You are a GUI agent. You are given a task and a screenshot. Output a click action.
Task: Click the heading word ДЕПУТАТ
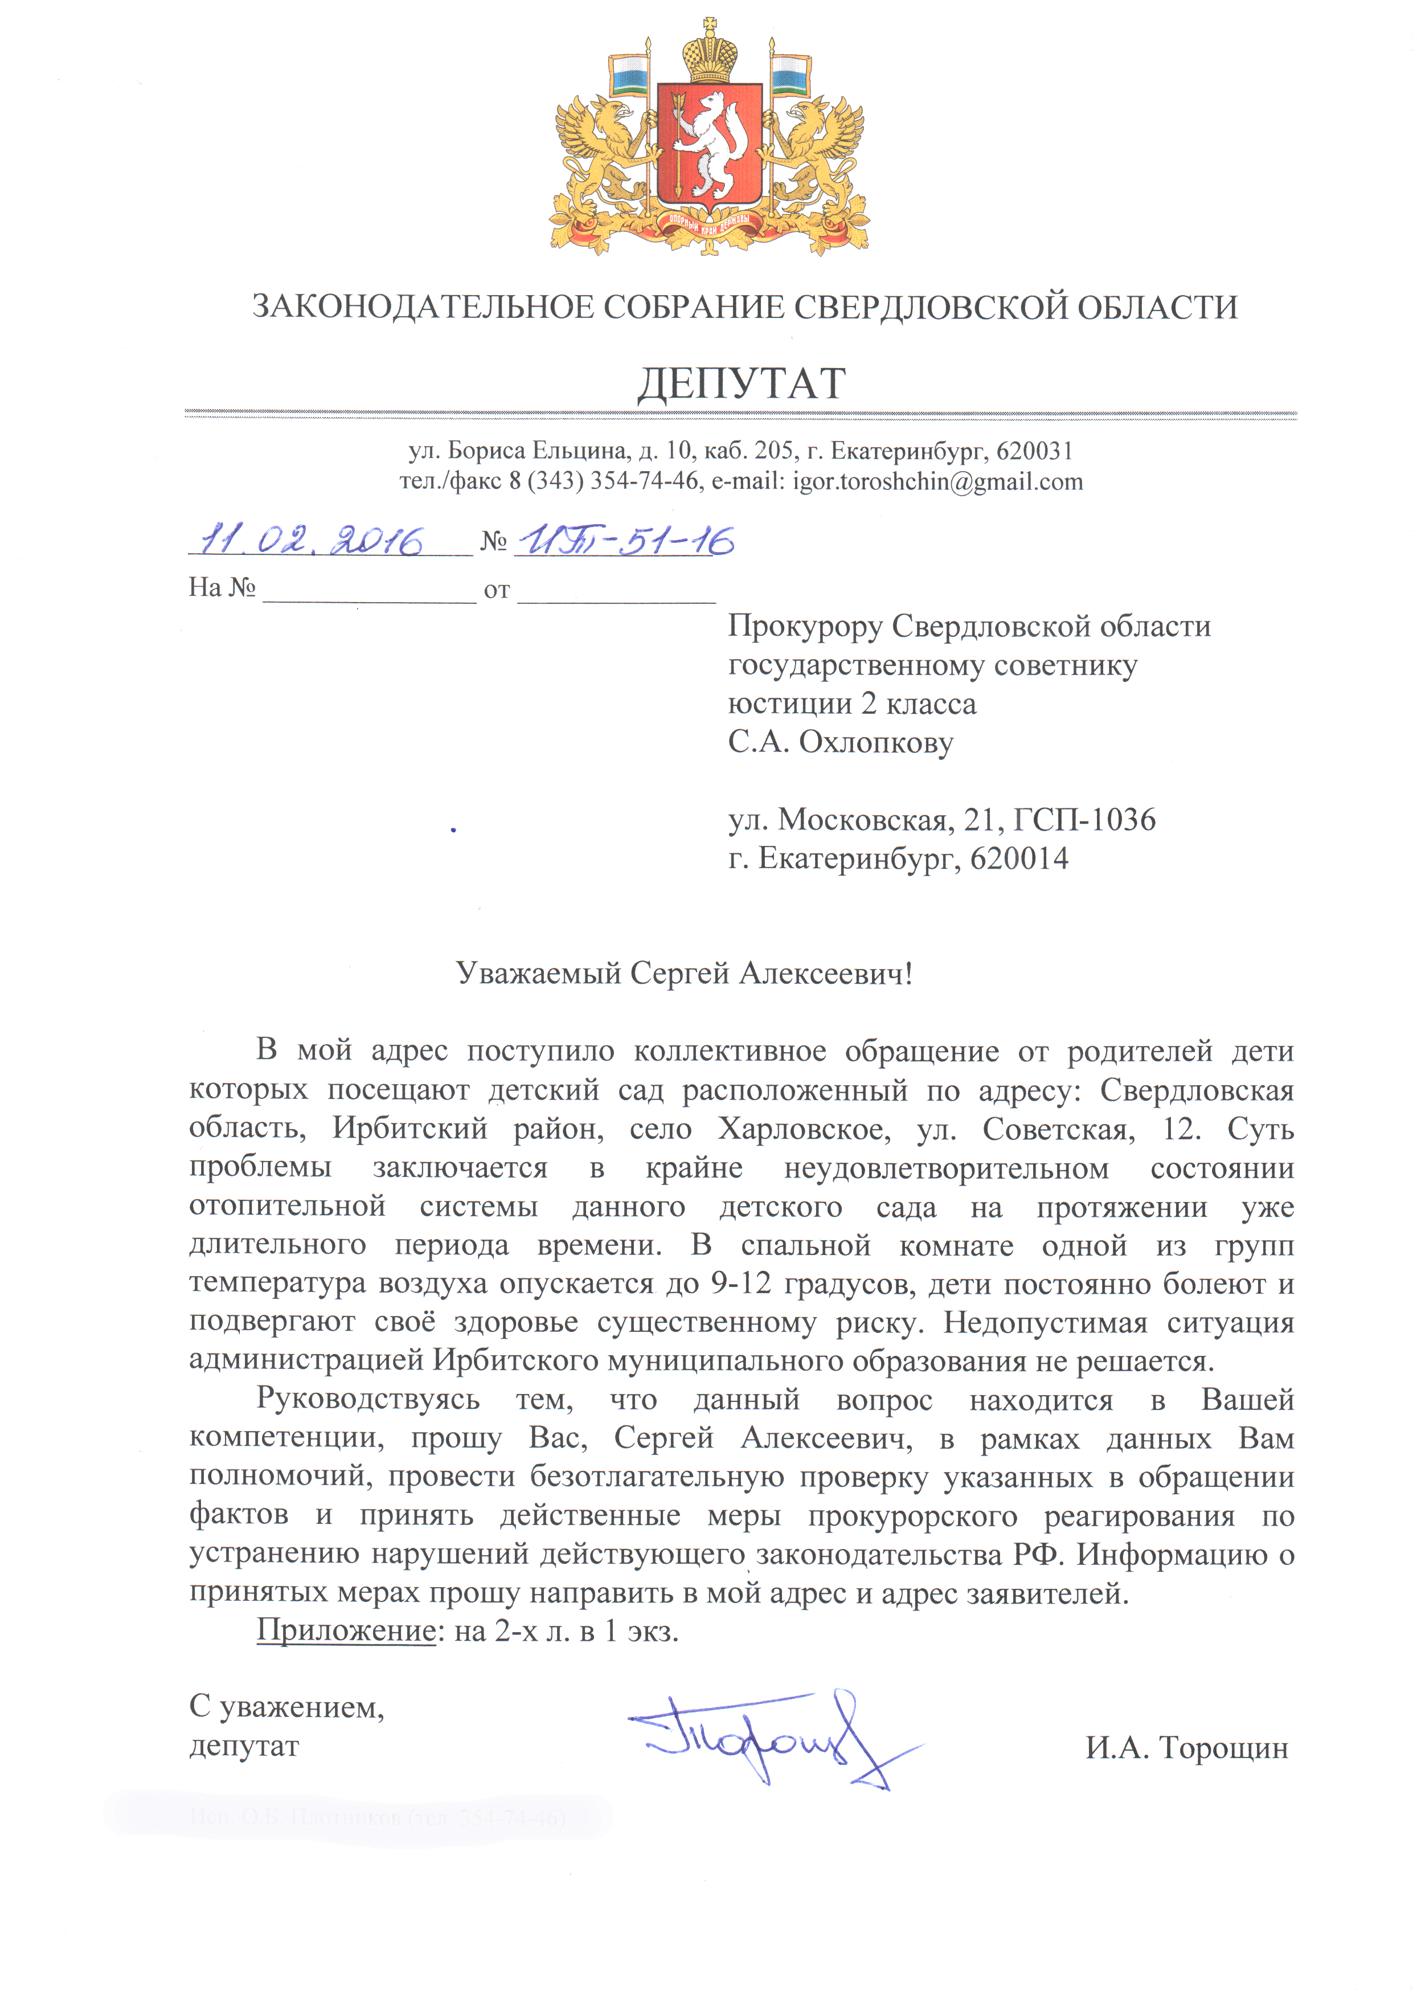click(x=742, y=384)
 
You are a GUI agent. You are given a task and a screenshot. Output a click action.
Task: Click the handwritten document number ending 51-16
click(x=625, y=541)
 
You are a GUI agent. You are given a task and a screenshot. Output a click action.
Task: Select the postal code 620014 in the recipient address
click(x=1019, y=859)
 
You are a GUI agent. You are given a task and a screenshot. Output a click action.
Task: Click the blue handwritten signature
click(x=768, y=1736)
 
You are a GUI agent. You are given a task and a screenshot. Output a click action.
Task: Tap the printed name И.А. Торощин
click(x=1187, y=1747)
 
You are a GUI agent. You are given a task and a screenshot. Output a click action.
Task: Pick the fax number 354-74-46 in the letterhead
click(x=644, y=481)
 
